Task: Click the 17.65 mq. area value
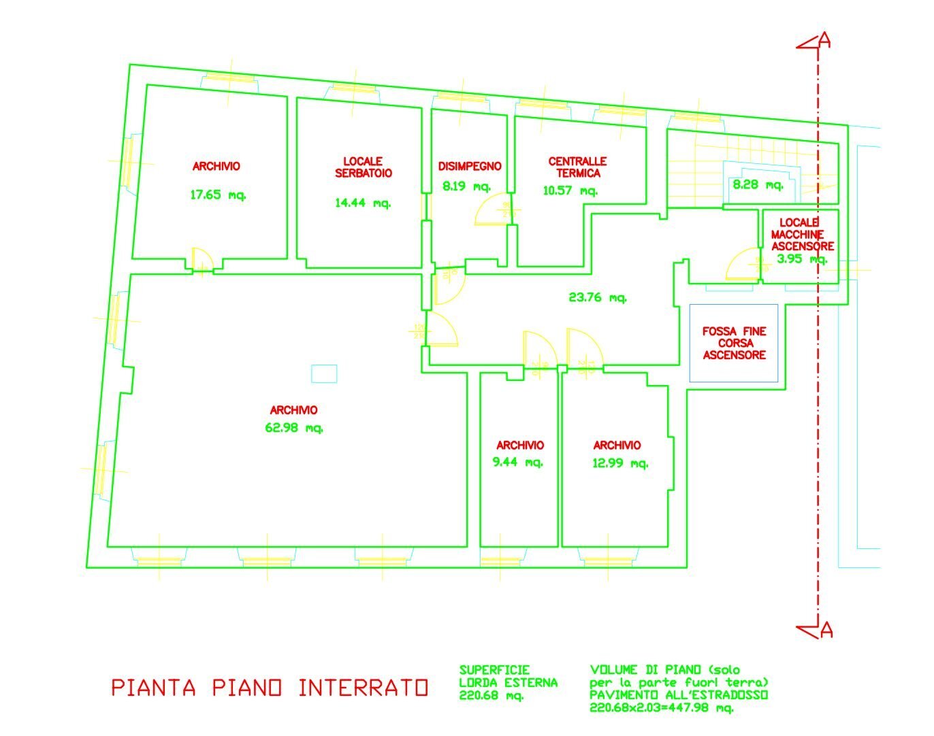pyautogui.click(x=218, y=195)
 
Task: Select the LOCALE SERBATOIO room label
pyautogui.click(x=363, y=167)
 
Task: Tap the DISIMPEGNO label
pyautogui.click(x=470, y=166)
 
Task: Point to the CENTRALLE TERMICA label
pyautogui.click(x=577, y=167)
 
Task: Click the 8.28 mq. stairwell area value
pyautogui.click(x=757, y=184)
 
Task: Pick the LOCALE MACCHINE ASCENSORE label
pyautogui.click(x=802, y=235)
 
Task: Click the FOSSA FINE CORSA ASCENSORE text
pyautogui.click(x=734, y=343)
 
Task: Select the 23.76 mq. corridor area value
pyautogui.click(x=597, y=297)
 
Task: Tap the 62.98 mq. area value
pyautogui.click(x=293, y=428)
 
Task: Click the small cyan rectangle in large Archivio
pyautogui.click(x=324, y=373)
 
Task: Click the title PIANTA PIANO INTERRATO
pyautogui.click(x=270, y=688)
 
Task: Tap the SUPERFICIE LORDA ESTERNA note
pyautogui.click(x=508, y=682)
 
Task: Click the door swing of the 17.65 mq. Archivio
pyautogui.click(x=203, y=260)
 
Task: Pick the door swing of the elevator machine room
pyautogui.click(x=742, y=265)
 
